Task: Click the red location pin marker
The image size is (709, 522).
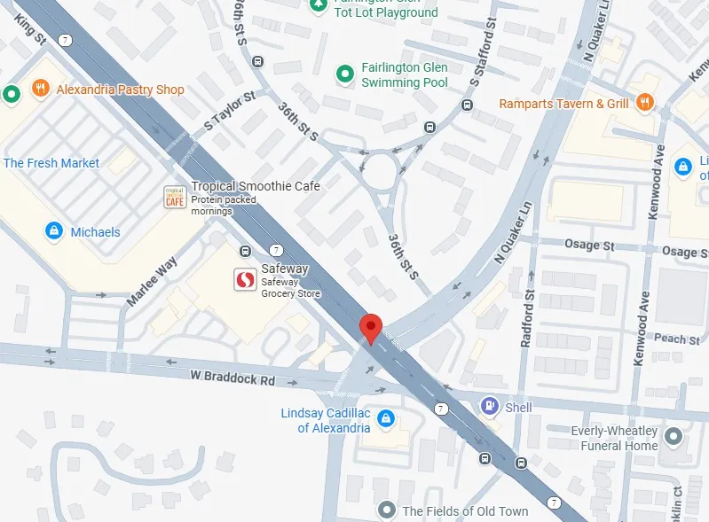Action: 371,327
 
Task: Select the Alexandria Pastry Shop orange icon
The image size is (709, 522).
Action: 39,90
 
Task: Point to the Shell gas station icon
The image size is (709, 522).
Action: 489,406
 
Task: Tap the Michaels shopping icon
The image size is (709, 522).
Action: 54,231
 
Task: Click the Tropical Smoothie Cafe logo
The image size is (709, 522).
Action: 175,197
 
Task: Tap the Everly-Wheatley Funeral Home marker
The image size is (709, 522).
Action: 674,437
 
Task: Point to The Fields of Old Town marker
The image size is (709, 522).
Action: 386,510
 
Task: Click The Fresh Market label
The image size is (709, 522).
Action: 51,163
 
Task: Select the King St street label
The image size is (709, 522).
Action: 30,26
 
